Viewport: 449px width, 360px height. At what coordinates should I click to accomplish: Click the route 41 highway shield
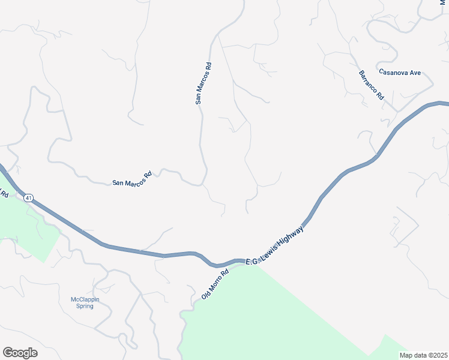(x=28, y=196)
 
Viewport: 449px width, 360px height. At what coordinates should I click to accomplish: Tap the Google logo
(x=20, y=353)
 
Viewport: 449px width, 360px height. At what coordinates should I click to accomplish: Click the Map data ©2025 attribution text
(x=423, y=355)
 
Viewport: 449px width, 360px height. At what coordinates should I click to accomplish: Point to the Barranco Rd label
(x=372, y=85)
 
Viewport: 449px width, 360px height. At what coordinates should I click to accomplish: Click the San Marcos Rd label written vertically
(x=204, y=83)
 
